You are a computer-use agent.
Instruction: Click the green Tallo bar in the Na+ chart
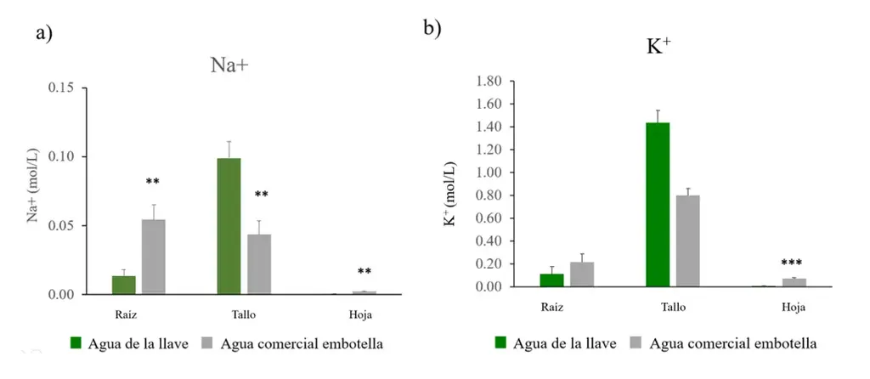229,226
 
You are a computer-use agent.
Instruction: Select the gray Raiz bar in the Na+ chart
154,257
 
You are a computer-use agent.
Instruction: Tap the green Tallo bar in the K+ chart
658,204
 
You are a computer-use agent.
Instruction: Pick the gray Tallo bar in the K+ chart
686,240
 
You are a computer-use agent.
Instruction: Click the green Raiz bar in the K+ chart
552,280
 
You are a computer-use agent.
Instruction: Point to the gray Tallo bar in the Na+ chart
259,264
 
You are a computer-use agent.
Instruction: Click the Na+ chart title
229,65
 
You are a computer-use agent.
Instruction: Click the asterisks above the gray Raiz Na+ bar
153,182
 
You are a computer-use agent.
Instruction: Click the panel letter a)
44,34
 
